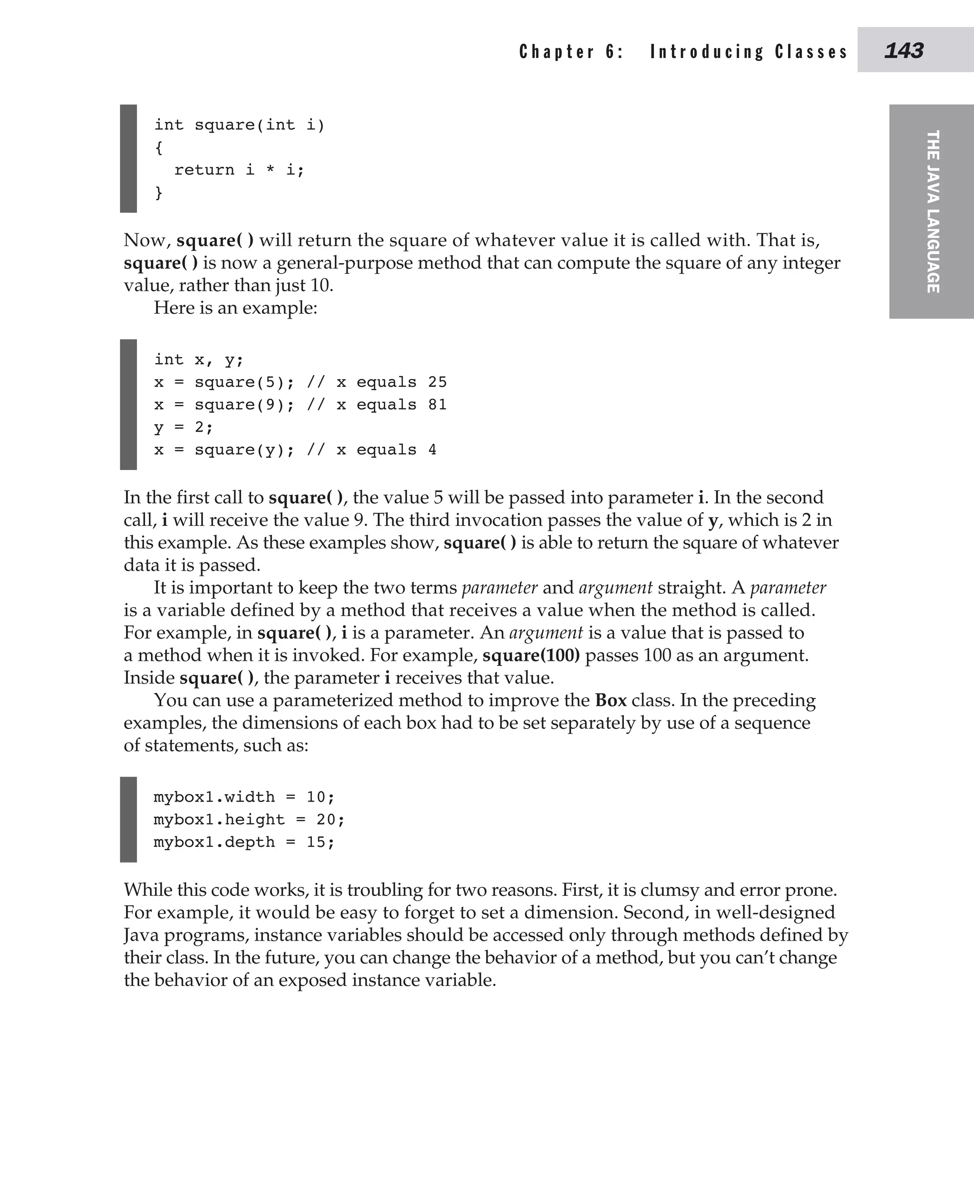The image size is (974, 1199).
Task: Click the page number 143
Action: click(903, 51)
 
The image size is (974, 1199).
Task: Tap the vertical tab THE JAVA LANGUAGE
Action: click(932, 211)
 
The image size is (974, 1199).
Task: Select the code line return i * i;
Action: click(239, 169)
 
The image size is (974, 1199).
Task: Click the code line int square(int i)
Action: click(239, 125)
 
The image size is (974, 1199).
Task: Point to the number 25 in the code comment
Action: click(437, 382)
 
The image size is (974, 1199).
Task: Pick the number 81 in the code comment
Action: click(437, 405)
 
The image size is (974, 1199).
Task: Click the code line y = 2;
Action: click(184, 427)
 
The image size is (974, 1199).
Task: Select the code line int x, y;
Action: click(199, 359)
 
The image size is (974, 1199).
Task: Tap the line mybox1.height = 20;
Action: click(249, 819)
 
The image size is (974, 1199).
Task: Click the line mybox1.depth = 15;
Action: click(243, 842)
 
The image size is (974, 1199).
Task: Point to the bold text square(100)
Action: click(531, 655)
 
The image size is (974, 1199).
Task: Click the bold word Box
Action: click(611, 700)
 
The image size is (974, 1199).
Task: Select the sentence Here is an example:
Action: click(235, 308)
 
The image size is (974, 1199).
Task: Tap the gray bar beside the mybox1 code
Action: click(128, 819)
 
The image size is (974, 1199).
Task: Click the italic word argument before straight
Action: click(615, 588)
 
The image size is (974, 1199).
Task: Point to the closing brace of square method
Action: click(159, 193)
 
